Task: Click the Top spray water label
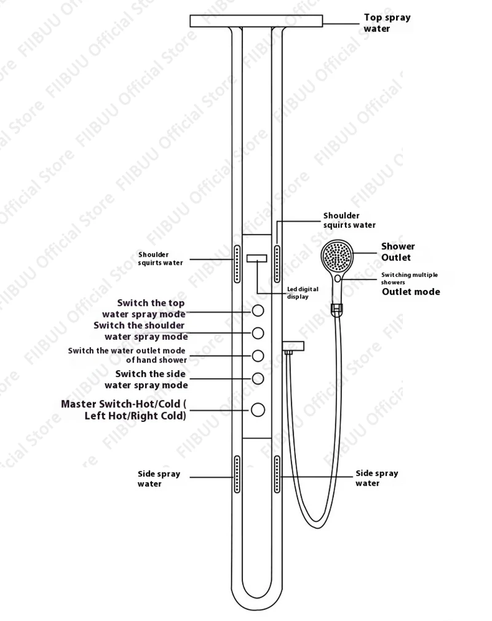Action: pyautogui.click(x=387, y=23)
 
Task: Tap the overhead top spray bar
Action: pyautogui.click(x=256, y=21)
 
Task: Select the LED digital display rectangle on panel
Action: pyautogui.click(x=256, y=259)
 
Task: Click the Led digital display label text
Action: pyautogui.click(x=303, y=292)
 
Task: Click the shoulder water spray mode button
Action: pyautogui.click(x=258, y=333)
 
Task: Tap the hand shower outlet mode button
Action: pyautogui.click(x=258, y=356)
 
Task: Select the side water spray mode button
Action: pyautogui.click(x=258, y=378)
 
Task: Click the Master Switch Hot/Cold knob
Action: pyautogui.click(x=258, y=409)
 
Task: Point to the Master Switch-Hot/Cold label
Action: pyautogui.click(x=123, y=410)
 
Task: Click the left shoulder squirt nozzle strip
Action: pyautogui.click(x=237, y=264)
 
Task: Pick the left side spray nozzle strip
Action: pyautogui.click(x=237, y=474)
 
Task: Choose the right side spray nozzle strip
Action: pyautogui.click(x=277, y=474)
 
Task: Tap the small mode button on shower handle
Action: pyautogui.click(x=338, y=279)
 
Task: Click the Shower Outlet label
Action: pyautogui.click(x=398, y=252)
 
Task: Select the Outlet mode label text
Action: pyautogui.click(x=411, y=292)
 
